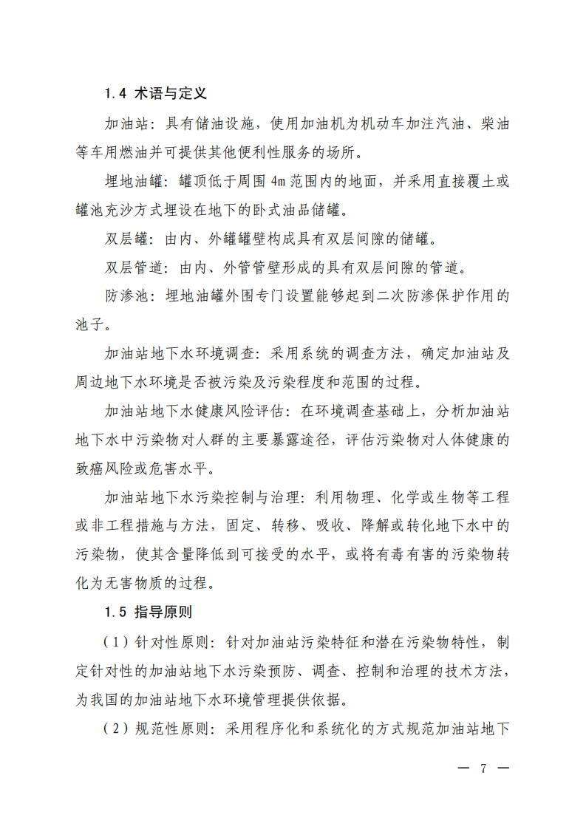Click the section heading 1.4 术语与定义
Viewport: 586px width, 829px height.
click(x=154, y=94)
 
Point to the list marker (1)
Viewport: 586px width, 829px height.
click(x=119, y=641)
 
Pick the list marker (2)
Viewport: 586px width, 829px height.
click(x=119, y=728)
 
